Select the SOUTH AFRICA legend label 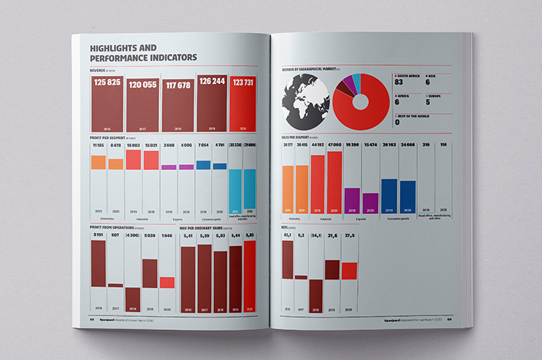tap(413, 74)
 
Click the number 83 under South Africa tap(399, 83)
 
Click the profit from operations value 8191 tap(98, 235)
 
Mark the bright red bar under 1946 tap(167, 283)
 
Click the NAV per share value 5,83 tap(250, 235)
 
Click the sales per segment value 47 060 tap(335, 145)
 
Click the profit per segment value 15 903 tap(133, 145)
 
